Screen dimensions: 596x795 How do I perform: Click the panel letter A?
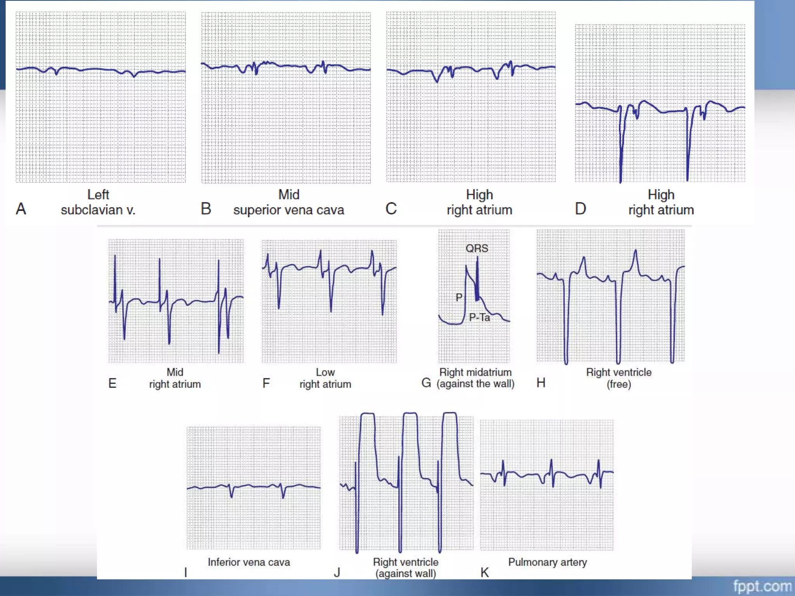21,209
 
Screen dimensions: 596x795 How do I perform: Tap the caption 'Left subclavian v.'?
98,202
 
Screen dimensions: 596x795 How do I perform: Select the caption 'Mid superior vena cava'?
288,202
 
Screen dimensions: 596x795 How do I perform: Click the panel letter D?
580,209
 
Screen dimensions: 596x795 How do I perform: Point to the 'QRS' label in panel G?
477,248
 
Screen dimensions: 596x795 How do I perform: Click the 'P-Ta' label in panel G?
479,317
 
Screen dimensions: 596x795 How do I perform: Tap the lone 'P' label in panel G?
459,298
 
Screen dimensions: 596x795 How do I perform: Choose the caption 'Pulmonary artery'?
547,562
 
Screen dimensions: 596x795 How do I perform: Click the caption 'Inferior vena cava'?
249,562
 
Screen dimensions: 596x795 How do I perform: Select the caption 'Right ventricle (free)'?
619,378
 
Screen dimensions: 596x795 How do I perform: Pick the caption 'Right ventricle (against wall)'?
406,567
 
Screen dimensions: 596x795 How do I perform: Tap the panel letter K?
484,572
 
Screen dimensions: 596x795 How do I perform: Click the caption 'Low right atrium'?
325,378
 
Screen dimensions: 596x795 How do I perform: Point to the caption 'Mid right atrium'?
175,378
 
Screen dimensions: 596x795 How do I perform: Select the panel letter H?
541,383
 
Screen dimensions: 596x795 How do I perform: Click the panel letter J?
337,572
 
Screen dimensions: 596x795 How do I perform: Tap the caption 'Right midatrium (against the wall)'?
476,378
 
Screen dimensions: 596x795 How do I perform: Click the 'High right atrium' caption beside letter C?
479,202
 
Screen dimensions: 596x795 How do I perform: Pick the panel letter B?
206,209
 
